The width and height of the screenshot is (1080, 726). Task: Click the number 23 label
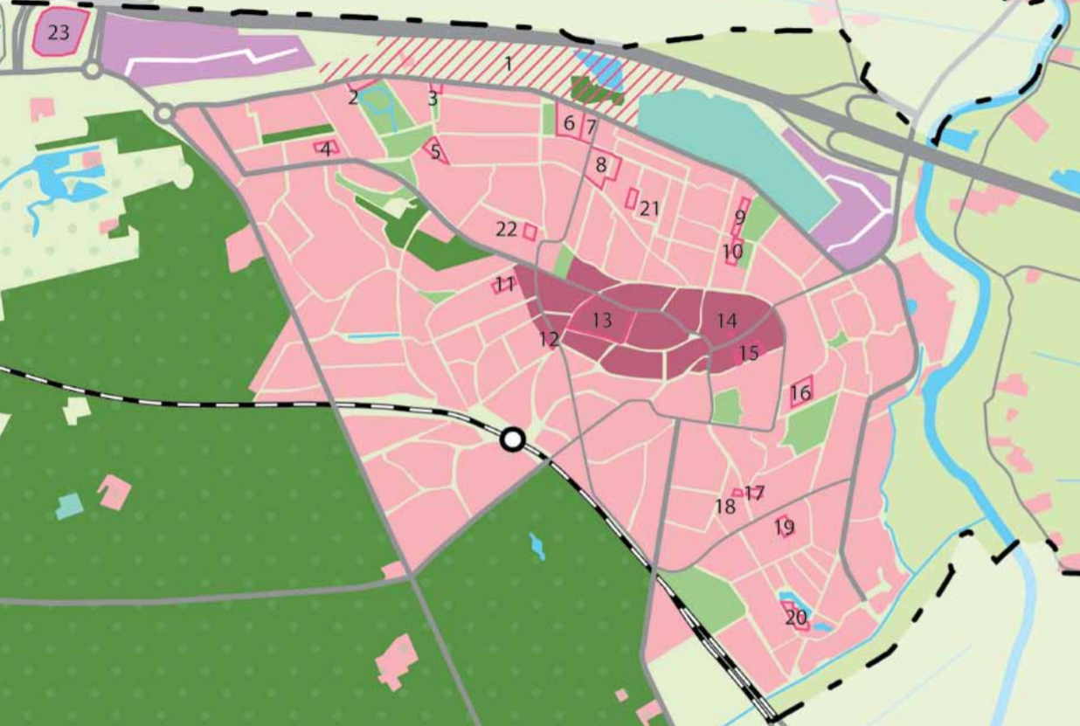point(58,33)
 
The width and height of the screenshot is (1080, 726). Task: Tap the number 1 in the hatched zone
point(508,63)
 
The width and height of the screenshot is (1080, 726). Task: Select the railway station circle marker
point(513,440)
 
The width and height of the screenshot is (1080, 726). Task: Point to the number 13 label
point(601,321)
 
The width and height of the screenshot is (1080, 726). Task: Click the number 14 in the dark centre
point(727,321)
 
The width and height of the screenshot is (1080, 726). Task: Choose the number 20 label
point(795,619)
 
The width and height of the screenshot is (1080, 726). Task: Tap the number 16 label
point(800,393)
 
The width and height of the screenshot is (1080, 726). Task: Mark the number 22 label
point(506,230)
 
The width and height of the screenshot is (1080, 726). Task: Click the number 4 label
point(326,149)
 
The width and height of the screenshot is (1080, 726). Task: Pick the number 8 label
point(600,163)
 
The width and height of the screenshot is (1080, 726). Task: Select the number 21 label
point(648,208)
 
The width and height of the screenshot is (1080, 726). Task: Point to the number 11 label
point(505,284)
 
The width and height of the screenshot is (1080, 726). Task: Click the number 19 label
point(784,528)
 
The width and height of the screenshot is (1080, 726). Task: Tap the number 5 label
point(435,150)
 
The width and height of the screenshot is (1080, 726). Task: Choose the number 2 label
point(353,97)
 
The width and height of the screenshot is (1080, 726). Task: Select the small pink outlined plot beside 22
point(530,232)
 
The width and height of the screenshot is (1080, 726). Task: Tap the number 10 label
point(733,252)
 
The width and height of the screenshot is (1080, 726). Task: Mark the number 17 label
point(755,493)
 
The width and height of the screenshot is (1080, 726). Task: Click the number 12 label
point(549,339)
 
